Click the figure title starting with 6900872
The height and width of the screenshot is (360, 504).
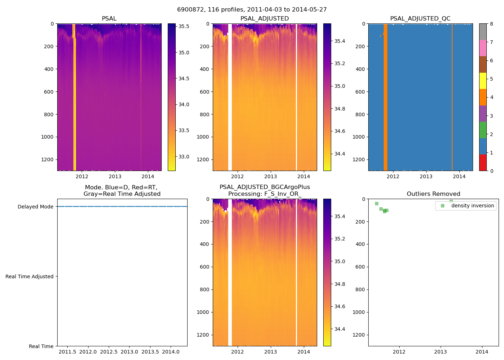click(x=252, y=10)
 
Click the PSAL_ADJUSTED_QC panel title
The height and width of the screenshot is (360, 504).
click(x=420, y=19)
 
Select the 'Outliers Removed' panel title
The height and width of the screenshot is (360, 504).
click(x=433, y=194)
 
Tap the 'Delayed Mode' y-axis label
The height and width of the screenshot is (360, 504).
click(x=35, y=207)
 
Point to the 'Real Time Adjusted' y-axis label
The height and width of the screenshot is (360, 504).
click(x=29, y=276)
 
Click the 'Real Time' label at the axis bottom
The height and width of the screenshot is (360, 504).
click(x=41, y=346)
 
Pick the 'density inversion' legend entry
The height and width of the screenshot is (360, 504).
click(x=472, y=206)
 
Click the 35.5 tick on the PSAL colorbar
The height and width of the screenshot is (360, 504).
click(x=184, y=26)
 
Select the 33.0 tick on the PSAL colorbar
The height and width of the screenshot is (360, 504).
click(x=184, y=157)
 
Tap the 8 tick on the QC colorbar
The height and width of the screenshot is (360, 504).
click(x=491, y=24)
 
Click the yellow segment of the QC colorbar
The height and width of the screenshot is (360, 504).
click(x=483, y=81)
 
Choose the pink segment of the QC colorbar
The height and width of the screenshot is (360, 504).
click(x=483, y=48)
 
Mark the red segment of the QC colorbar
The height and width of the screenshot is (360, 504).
click(x=483, y=162)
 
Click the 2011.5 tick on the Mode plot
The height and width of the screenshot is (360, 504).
click(x=67, y=352)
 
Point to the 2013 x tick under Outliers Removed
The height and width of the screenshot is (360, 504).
click(x=440, y=352)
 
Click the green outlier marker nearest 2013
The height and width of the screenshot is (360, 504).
click(x=451, y=202)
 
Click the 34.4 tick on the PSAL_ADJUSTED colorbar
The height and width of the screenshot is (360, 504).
click(x=339, y=154)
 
